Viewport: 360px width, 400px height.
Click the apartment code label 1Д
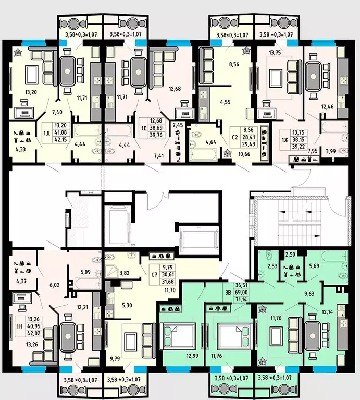point(46,133)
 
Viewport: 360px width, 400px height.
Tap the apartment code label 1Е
point(144,128)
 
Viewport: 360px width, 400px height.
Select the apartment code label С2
point(234,138)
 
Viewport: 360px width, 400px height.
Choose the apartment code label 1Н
point(19,326)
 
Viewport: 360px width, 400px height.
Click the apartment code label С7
point(154,275)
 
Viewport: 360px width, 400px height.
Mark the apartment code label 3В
point(228,293)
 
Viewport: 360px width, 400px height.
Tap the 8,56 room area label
point(234,64)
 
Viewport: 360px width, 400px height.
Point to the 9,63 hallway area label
point(309,294)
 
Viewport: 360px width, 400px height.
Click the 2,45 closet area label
point(178,125)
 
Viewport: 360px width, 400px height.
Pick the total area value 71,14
point(241,299)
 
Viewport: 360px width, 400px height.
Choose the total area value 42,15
point(60,140)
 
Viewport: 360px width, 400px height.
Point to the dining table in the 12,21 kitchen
point(68,336)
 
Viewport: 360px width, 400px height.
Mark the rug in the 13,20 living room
point(32,73)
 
